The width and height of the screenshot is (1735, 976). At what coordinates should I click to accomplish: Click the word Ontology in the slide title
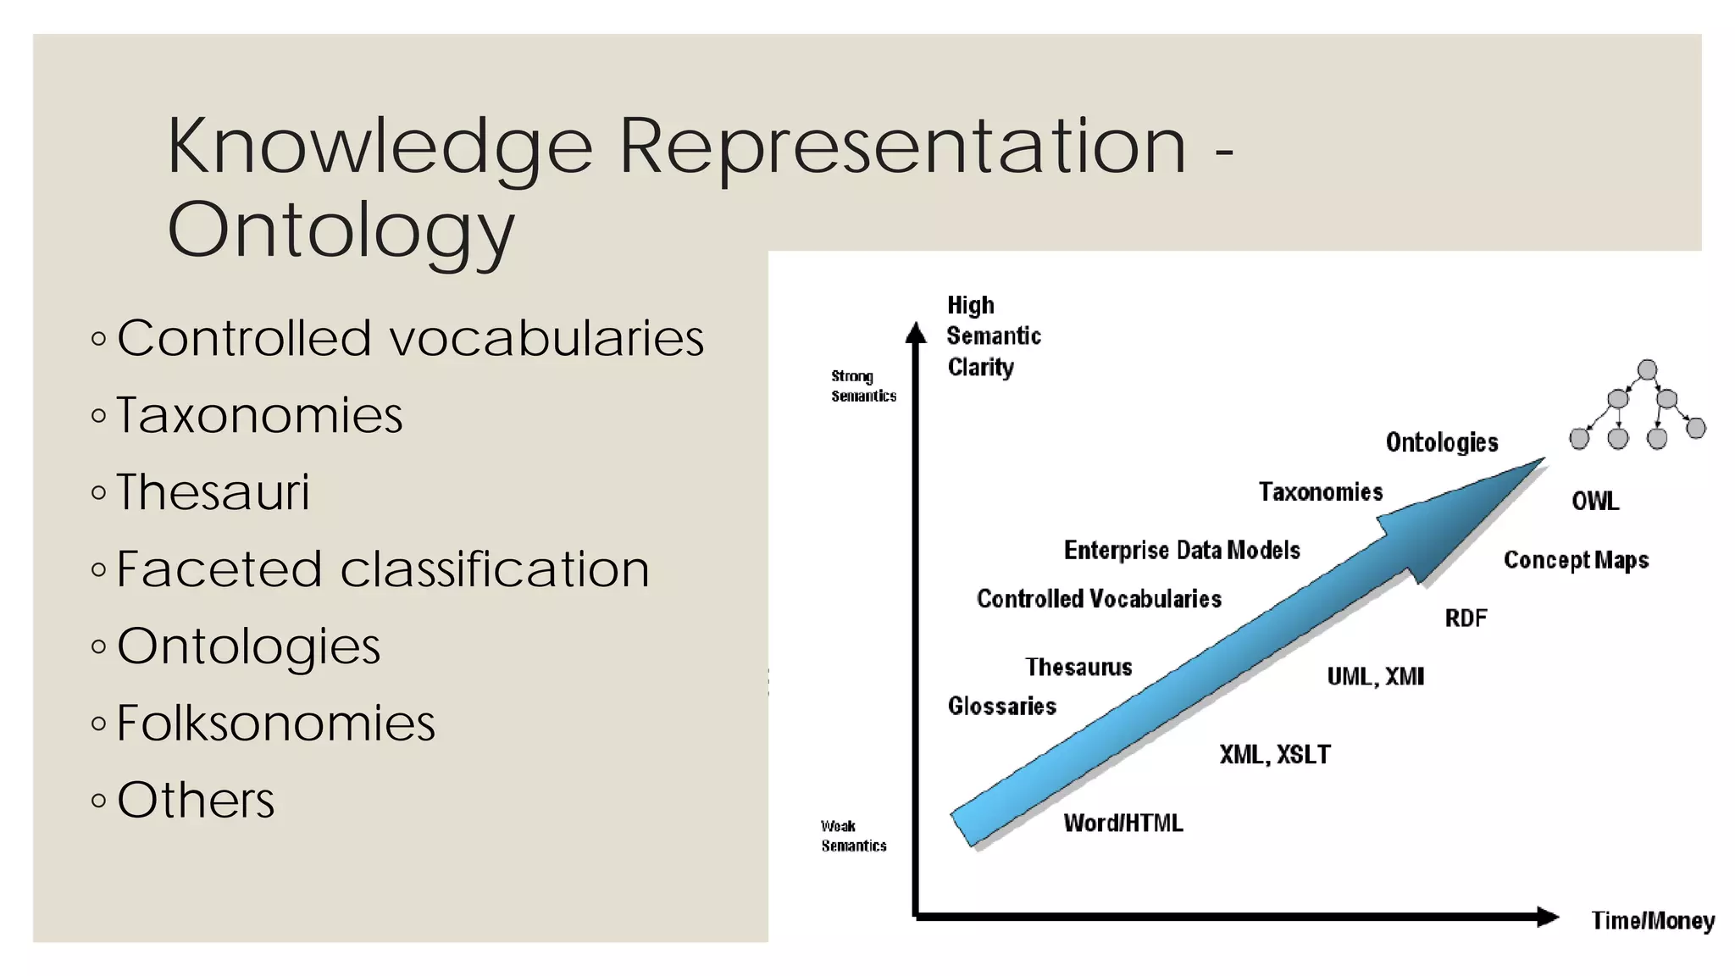pos(341,230)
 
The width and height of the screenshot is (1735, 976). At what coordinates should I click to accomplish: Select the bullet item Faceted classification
pos(383,568)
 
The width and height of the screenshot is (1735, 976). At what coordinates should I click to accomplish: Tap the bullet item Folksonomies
pos(275,723)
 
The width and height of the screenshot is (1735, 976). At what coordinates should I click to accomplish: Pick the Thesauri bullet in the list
pos(213,491)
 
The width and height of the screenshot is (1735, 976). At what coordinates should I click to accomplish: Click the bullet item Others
pos(196,800)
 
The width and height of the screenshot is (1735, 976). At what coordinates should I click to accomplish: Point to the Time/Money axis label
pos(1652,920)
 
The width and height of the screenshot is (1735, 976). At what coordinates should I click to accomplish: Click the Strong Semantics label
pos(862,385)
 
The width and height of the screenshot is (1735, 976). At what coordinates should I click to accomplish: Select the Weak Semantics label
pos(852,835)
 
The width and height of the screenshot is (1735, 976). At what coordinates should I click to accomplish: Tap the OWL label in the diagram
pos(1595,501)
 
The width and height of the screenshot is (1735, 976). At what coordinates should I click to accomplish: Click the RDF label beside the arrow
pos(1466,618)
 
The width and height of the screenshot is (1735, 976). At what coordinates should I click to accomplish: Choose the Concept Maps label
pos(1576,560)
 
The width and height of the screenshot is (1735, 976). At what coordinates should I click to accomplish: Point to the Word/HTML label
pos(1123,823)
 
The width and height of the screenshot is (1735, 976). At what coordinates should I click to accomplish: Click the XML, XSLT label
pos(1275,754)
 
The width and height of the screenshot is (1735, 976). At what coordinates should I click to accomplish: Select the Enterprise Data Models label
pos(1182,550)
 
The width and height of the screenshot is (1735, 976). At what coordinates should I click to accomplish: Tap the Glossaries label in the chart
pos(1001,706)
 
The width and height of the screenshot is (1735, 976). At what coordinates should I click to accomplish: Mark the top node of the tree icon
pos(1647,369)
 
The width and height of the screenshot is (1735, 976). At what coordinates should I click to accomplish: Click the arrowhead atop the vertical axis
pos(916,332)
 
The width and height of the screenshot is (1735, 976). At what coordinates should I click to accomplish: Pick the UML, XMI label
pos(1375,676)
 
